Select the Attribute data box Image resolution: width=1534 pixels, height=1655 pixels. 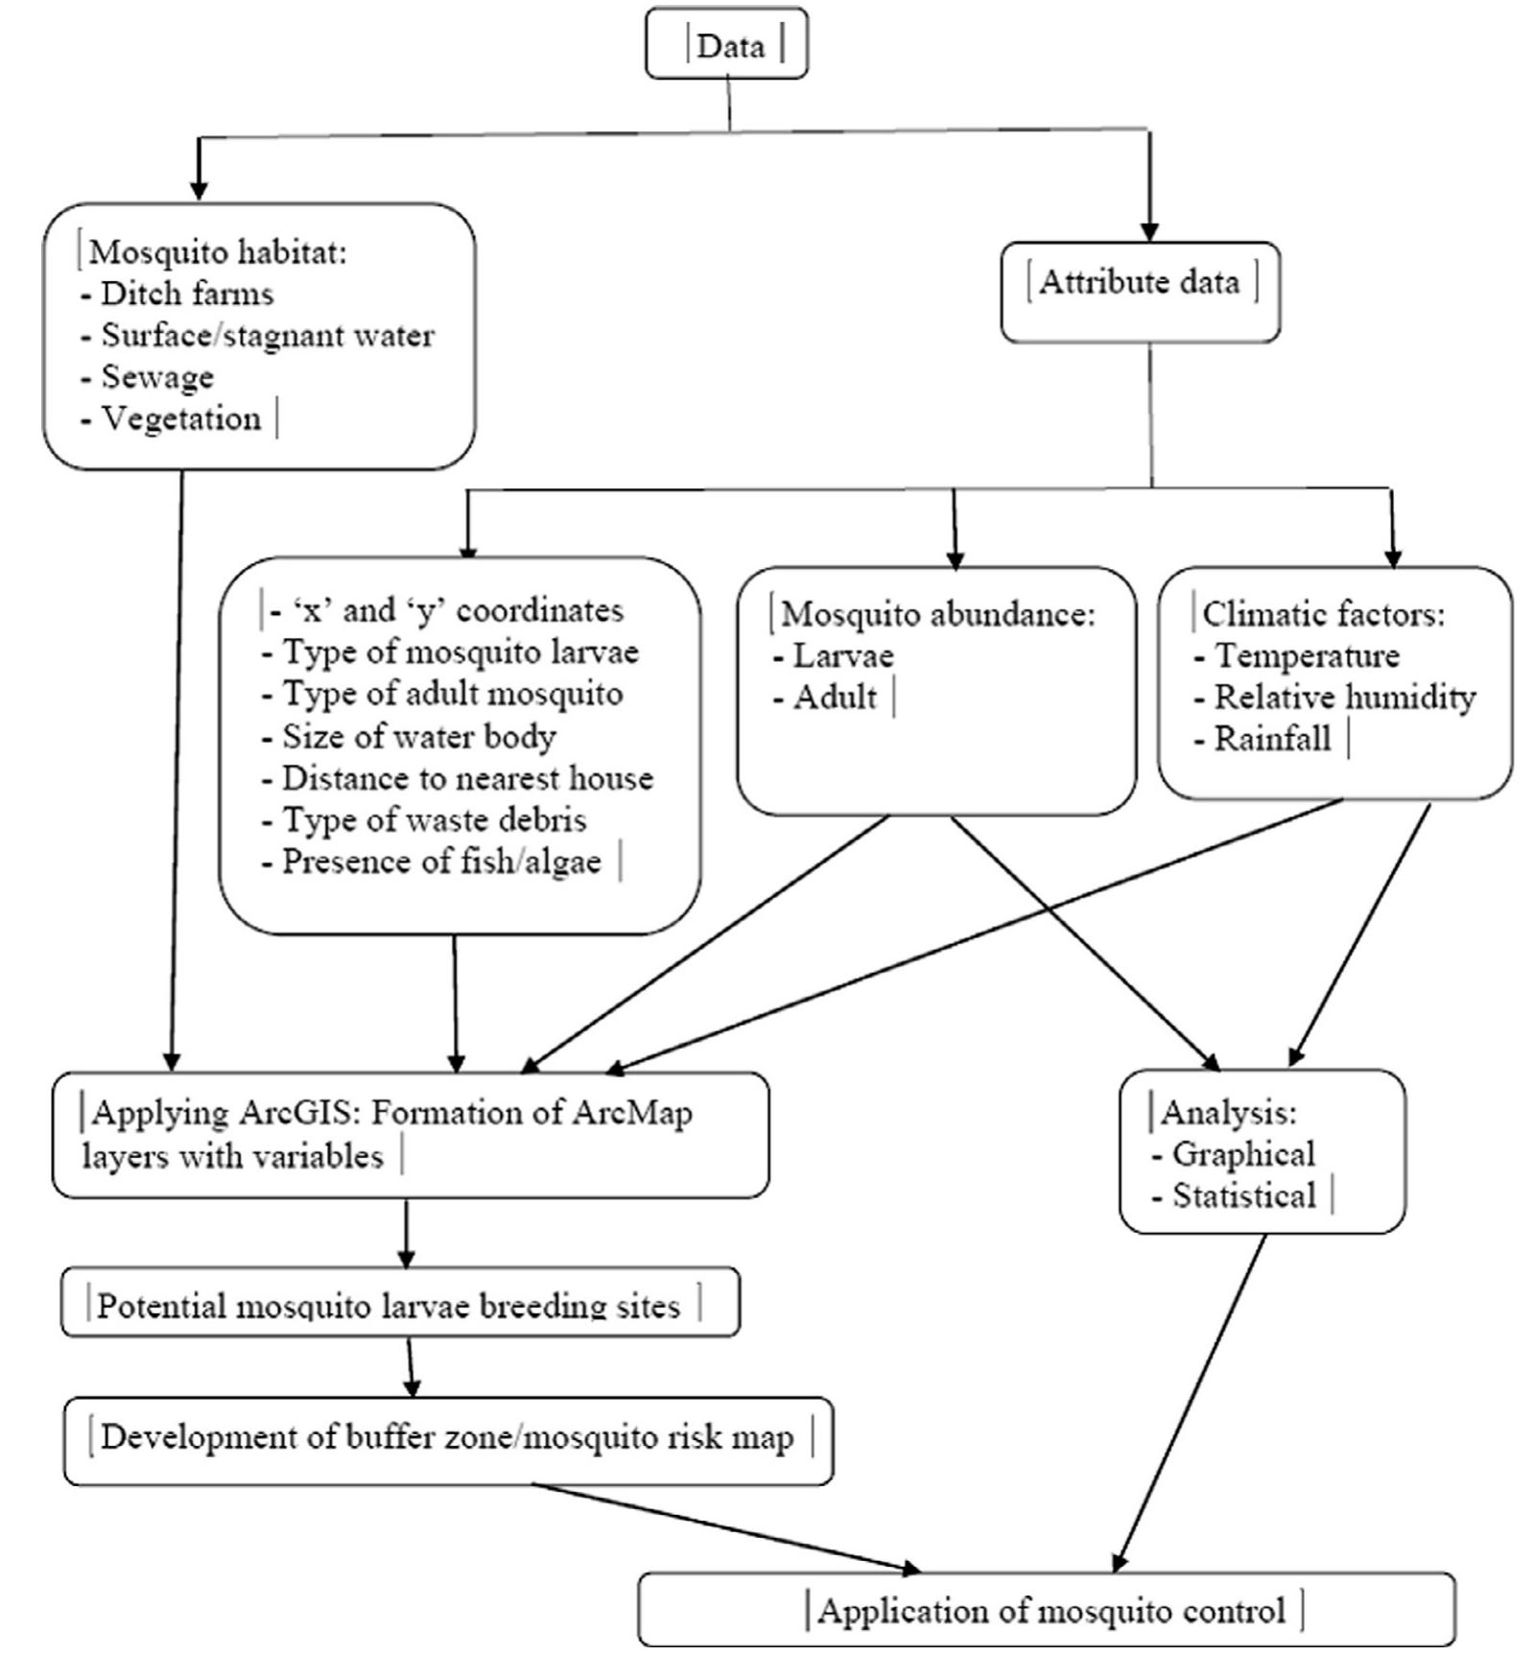tap(1140, 284)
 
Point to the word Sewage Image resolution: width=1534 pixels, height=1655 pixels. tap(157, 377)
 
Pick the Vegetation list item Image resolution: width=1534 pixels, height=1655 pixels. tap(181, 419)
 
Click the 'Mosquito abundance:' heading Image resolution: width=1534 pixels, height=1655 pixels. tap(937, 614)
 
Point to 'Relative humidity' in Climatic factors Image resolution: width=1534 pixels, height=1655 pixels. tap(1344, 697)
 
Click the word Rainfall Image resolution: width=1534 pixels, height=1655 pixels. tap(1272, 740)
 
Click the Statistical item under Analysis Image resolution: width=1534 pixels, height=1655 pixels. tap(1244, 1196)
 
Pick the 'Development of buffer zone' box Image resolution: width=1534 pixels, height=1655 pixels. tap(447, 1438)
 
